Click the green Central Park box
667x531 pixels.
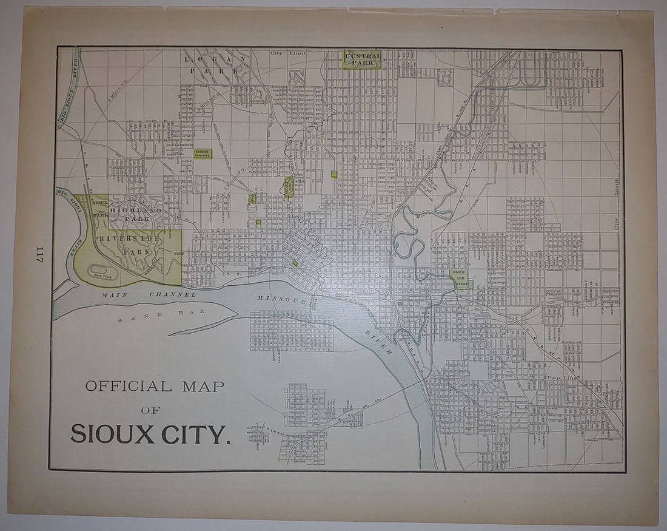(x=363, y=59)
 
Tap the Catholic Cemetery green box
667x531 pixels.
(x=203, y=154)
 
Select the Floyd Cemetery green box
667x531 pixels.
(x=461, y=279)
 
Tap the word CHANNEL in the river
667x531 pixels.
(x=173, y=295)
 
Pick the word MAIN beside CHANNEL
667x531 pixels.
(x=113, y=295)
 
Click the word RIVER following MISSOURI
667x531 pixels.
(x=377, y=343)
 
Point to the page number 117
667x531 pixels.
(x=40, y=255)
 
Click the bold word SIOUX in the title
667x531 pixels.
(x=111, y=434)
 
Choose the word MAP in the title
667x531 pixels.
(x=203, y=386)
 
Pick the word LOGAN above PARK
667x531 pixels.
(x=215, y=59)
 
